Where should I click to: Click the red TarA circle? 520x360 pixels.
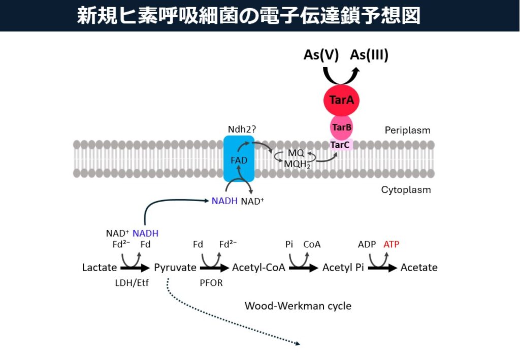(x=342, y=100)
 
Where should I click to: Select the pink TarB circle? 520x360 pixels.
(x=341, y=127)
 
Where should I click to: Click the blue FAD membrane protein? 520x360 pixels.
(x=239, y=159)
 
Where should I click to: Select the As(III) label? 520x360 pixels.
(x=369, y=55)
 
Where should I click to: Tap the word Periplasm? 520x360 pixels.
(x=407, y=130)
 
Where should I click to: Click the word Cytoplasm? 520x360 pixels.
(x=406, y=190)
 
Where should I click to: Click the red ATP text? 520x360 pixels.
(x=392, y=244)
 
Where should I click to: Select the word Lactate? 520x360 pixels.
(x=100, y=268)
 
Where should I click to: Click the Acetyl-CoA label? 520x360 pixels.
(x=258, y=268)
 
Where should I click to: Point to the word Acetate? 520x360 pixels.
(x=419, y=268)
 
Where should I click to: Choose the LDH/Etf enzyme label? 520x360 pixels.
(x=132, y=283)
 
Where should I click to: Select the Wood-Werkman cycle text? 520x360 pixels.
(x=298, y=306)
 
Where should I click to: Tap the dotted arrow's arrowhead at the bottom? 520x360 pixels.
(x=298, y=344)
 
